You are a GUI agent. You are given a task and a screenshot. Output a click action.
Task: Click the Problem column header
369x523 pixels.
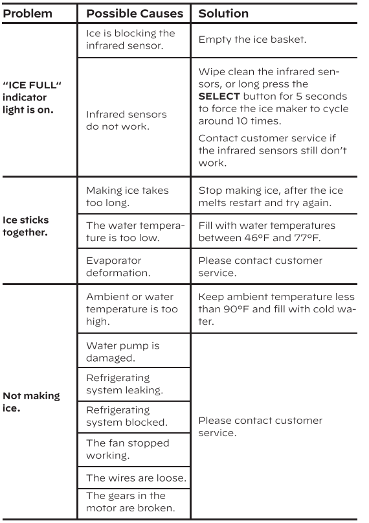click(28, 14)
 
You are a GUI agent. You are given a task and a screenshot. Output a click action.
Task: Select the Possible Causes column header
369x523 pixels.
click(135, 14)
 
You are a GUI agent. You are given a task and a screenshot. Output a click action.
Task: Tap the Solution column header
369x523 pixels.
click(223, 14)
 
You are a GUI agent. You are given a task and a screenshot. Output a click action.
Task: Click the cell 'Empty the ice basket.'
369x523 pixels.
click(252, 40)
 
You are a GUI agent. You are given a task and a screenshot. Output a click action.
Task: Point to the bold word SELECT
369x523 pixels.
click(219, 97)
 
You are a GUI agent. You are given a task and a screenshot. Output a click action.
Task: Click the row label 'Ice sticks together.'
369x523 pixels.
click(26, 226)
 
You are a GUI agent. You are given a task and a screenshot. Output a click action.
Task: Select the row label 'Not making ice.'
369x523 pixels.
click(31, 402)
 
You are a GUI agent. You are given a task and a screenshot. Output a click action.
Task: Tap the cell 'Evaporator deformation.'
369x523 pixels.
click(118, 266)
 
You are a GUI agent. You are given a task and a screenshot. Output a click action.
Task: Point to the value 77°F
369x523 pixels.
click(306, 238)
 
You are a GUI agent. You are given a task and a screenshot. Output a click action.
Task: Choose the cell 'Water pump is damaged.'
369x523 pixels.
click(123, 351)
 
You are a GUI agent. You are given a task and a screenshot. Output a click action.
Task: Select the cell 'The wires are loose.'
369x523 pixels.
click(136, 478)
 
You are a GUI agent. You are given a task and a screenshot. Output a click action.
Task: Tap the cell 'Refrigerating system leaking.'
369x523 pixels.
click(124, 384)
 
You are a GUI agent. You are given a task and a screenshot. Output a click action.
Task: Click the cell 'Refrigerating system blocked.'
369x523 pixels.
click(127, 416)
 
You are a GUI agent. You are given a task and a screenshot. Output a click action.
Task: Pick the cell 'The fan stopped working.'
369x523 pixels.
click(128, 449)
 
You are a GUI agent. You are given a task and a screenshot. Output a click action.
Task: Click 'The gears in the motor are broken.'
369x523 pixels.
click(131, 502)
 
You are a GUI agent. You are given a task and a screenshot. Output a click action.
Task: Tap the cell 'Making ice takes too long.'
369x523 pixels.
click(128, 196)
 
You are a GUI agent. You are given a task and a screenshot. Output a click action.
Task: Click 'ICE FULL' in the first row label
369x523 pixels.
click(32, 85)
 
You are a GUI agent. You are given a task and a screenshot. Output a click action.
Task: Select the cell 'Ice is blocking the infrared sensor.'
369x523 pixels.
click(131, 40)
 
